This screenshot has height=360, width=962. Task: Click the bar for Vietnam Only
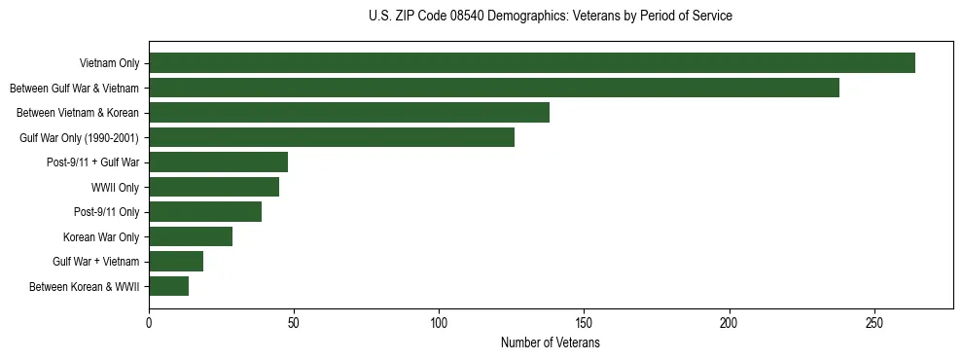pos(532,63)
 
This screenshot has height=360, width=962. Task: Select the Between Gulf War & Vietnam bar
pos(494,89)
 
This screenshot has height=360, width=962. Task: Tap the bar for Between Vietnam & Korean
pos(349,113)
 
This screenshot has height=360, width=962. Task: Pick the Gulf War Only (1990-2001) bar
pos(332,137)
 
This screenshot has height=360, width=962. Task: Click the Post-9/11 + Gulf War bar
pos(219,162)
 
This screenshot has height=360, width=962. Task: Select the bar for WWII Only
pos(214,187)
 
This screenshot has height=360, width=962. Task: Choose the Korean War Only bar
pos(191,236)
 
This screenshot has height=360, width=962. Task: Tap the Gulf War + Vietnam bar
pos(176,262)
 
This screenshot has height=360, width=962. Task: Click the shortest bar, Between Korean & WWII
pos(169,286)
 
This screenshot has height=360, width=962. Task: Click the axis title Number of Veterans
pos(550,343)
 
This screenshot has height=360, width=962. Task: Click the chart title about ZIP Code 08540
pos(550,17)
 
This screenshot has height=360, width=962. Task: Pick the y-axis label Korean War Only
pos(101,236)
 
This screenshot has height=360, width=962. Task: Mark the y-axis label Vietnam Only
pos(109,63)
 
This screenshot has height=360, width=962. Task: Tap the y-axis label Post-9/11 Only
pos(106,212)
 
